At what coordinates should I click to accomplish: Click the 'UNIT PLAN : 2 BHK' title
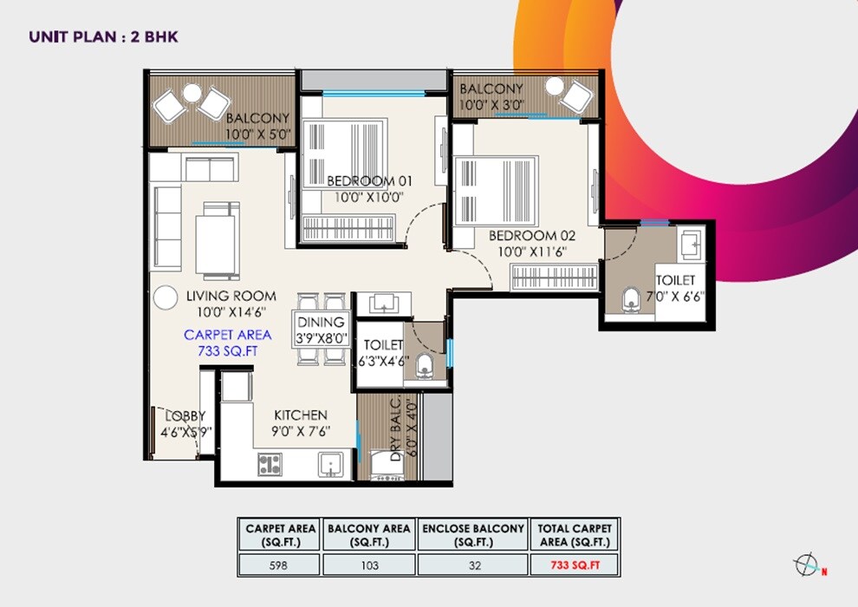[x=103, y=36]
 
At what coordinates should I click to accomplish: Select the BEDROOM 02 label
[x=532, y=235]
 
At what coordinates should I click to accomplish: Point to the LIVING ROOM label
[x=231, y=296]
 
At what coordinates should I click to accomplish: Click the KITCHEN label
[x=301, y=415]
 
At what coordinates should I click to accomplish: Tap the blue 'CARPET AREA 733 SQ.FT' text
[x=227, y=343]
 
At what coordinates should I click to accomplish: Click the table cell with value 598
[x=278, y=565]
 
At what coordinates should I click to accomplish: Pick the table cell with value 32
[x=473, y=565]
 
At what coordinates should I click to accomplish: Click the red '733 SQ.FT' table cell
[x=575, y=565]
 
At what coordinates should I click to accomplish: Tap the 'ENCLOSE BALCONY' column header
[x=473, y=535]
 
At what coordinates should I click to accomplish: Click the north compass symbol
[x=806, y=565]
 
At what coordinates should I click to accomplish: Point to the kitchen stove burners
[x=270, y=465]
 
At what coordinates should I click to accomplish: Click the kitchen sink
[x=329, y=465]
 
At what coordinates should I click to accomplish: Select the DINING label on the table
[x=322, y=322]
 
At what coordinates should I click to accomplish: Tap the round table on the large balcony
[x=192, y=93]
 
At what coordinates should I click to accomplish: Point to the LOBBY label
[x=185, y=416]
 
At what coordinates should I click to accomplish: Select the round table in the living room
[x=165, y=298]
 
